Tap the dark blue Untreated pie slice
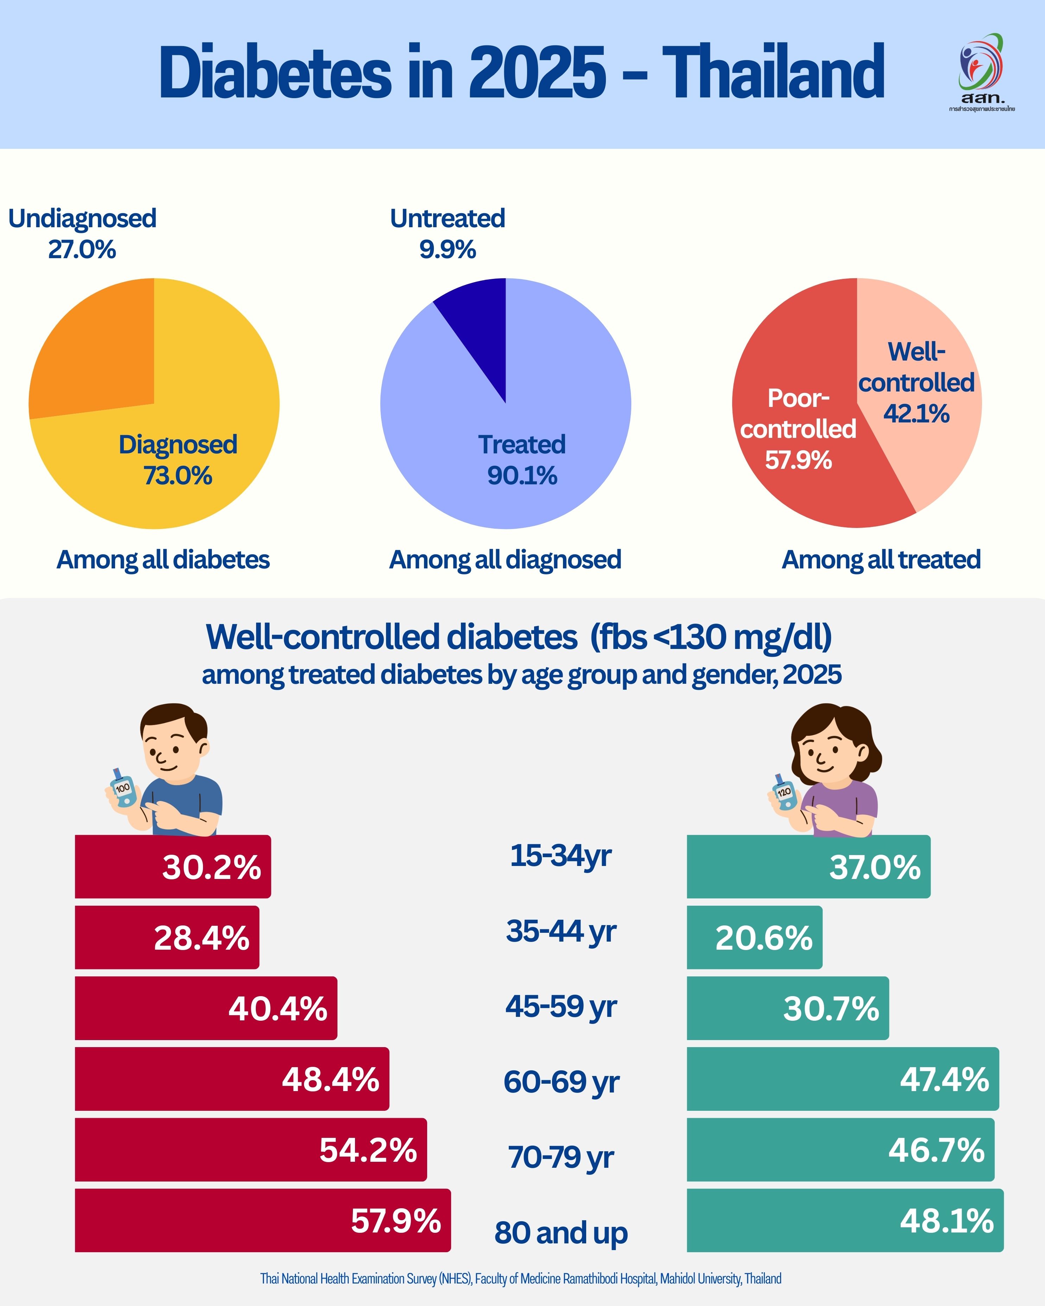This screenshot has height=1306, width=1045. click(x=479, y=327)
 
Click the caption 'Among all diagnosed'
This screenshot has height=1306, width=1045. click(x=505, y=560)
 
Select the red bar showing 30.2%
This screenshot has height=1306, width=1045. click(x=173, y=867)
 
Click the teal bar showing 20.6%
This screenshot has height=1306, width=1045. click(x=754, y=937)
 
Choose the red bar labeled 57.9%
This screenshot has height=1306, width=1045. click(x=262, y=1220)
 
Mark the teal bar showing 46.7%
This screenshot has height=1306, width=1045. click(x=840, y=1149)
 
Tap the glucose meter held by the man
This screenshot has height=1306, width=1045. click(x=123, y=789)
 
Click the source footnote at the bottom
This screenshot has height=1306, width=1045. click(x=521, y=1278)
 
